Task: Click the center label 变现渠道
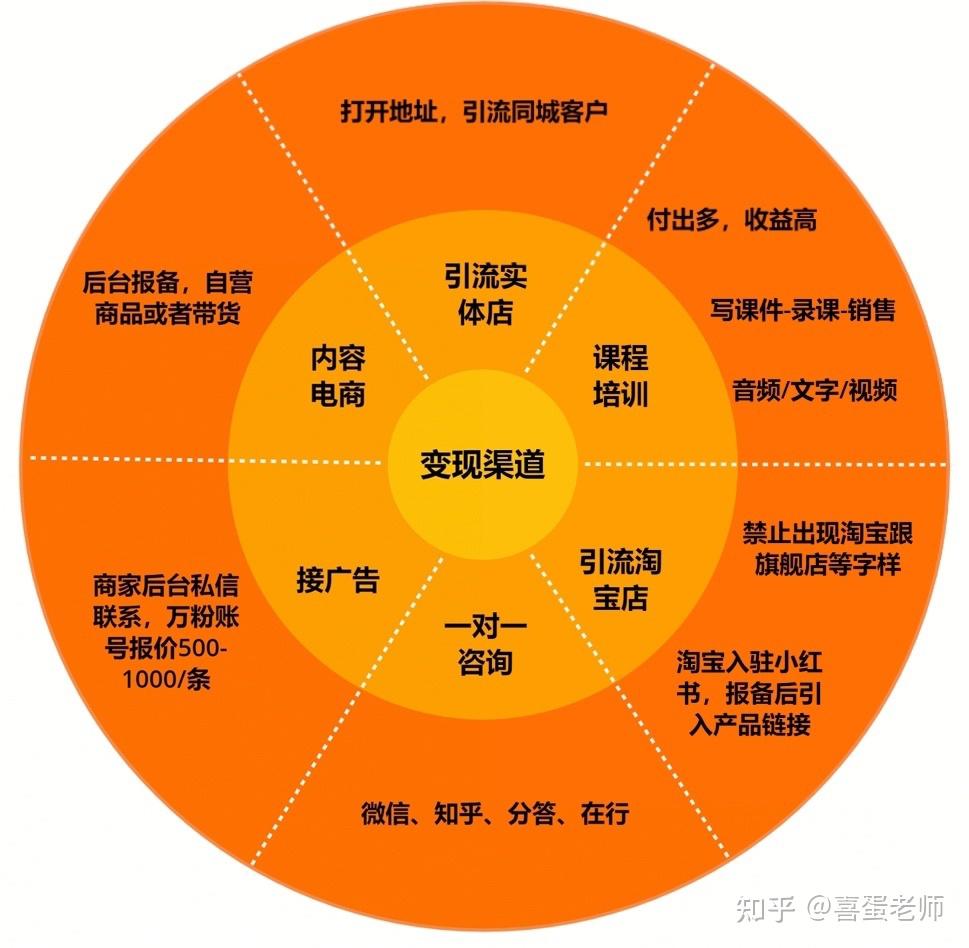482,464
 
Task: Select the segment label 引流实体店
485,294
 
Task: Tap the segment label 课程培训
620,376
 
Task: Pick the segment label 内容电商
337,376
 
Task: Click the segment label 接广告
337,580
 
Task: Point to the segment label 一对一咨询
485,645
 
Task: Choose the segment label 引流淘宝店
620,580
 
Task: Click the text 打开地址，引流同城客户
474,111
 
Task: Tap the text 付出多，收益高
732,219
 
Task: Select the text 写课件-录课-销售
802,310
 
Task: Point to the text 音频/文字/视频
815,390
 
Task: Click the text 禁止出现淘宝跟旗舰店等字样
827,548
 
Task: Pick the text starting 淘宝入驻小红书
749,693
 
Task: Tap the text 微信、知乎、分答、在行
495,813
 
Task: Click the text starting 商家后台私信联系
166,632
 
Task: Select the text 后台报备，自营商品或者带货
167,297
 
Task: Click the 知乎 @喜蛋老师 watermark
840,907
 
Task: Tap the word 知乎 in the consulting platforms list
458,813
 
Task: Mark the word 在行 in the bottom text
605,813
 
